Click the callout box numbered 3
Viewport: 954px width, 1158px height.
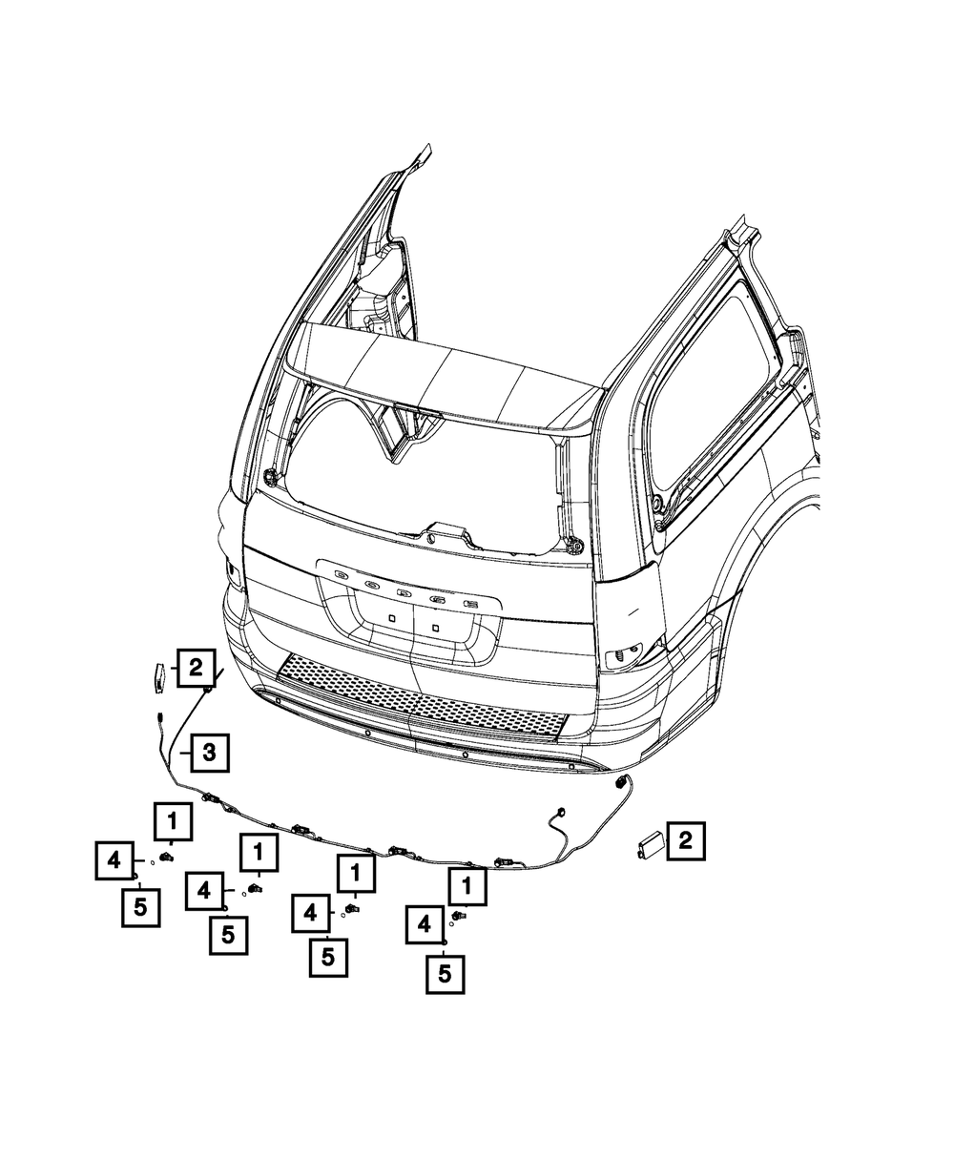point(210,753)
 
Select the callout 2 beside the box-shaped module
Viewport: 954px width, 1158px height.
point(686,840)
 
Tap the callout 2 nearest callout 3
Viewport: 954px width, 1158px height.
point(196,668)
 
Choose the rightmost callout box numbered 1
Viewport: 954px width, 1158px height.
point(467,886)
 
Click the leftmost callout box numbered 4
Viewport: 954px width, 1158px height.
point(114,860)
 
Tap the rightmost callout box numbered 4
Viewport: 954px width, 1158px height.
point(425,924)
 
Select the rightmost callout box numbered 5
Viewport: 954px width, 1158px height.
point(446,974)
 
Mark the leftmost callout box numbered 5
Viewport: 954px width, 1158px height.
point(141,907)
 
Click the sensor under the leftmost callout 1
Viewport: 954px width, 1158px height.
point(166,858)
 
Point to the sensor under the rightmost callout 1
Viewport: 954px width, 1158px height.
point(458,916)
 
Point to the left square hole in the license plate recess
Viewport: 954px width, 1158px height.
point(392,617)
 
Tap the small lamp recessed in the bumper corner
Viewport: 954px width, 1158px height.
point(623,658)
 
